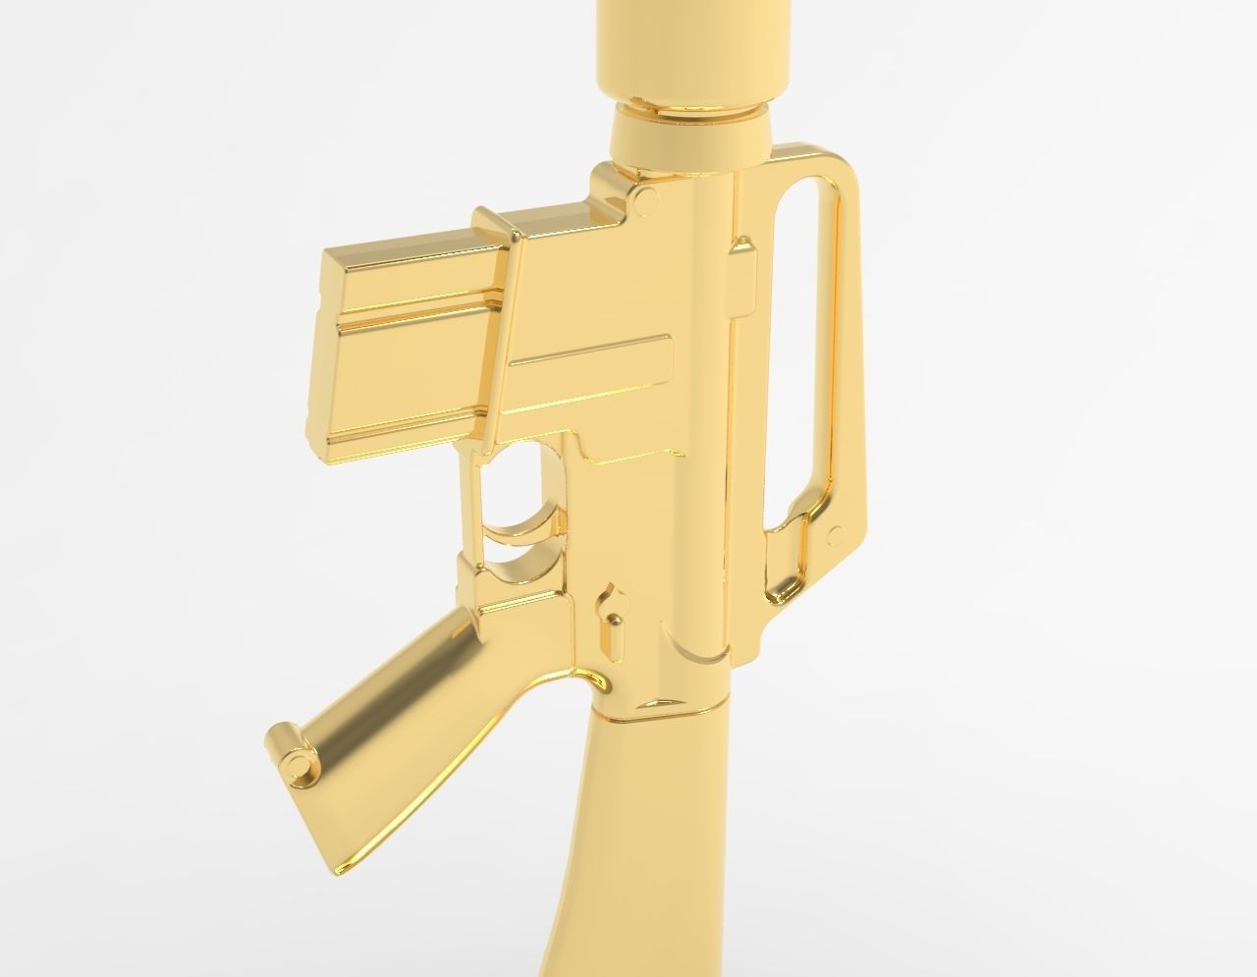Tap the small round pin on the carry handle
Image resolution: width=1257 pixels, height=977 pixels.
[x=837, y=535]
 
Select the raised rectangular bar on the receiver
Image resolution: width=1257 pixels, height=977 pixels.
[x=589, y=355]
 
